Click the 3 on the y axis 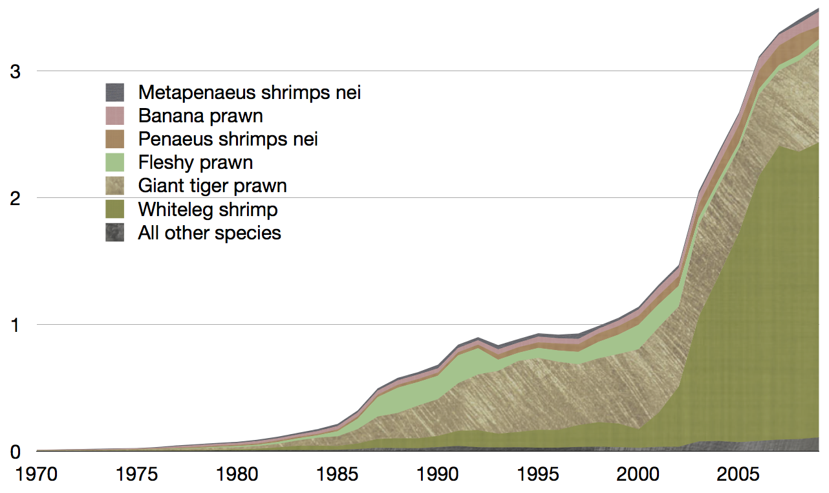(15, 71)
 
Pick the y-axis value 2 (15, 198)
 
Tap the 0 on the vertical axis (15, 451)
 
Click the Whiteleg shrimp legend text (208, 210)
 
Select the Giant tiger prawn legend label (212, 186)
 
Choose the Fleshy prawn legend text (195, 162)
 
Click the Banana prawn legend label (200, 116)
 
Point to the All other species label (210, 233)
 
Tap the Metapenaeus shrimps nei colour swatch (115, 92)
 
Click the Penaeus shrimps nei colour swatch (115, 139)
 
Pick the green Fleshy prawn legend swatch (115, 162)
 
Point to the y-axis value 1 (15, 325)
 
